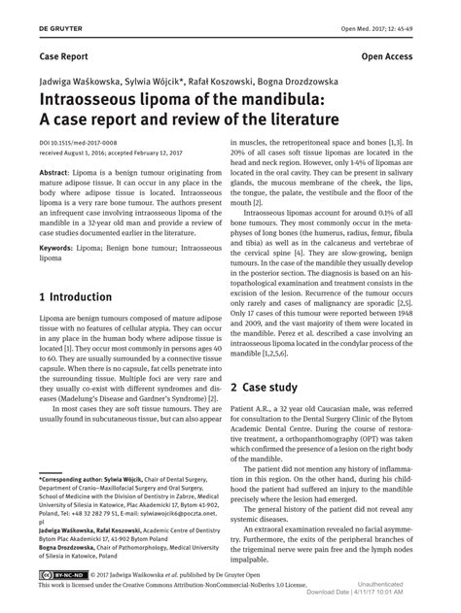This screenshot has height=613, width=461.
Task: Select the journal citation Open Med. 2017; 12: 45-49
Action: (399, 11)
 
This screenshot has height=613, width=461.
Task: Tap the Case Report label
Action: (65, 57)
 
